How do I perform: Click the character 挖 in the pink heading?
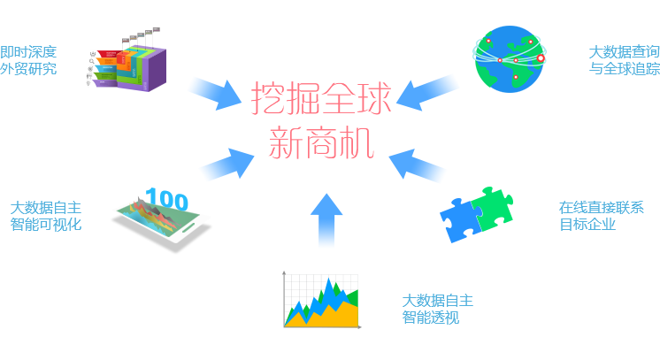point(269,99)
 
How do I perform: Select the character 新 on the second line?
point(287,142)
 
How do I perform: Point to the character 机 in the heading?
point(354,142)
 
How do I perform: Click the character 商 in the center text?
point(320,142)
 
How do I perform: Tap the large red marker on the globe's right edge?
point(541,59)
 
